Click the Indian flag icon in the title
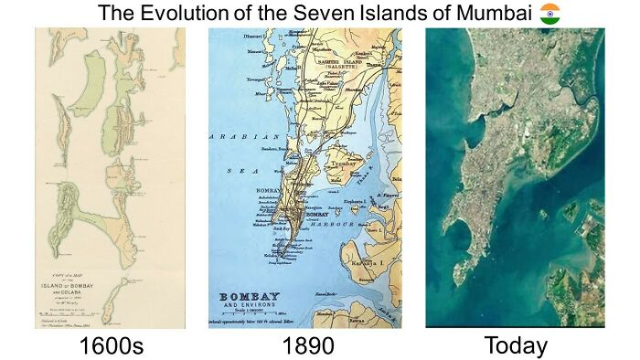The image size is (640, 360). coord(550,14)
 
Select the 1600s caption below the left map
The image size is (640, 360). coord(111,345)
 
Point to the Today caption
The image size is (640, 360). coord(516,345)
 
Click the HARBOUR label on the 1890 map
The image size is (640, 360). coord(332,221)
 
